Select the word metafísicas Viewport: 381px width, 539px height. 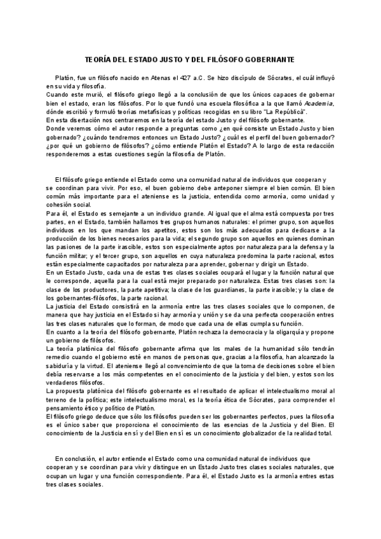point(144,111)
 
